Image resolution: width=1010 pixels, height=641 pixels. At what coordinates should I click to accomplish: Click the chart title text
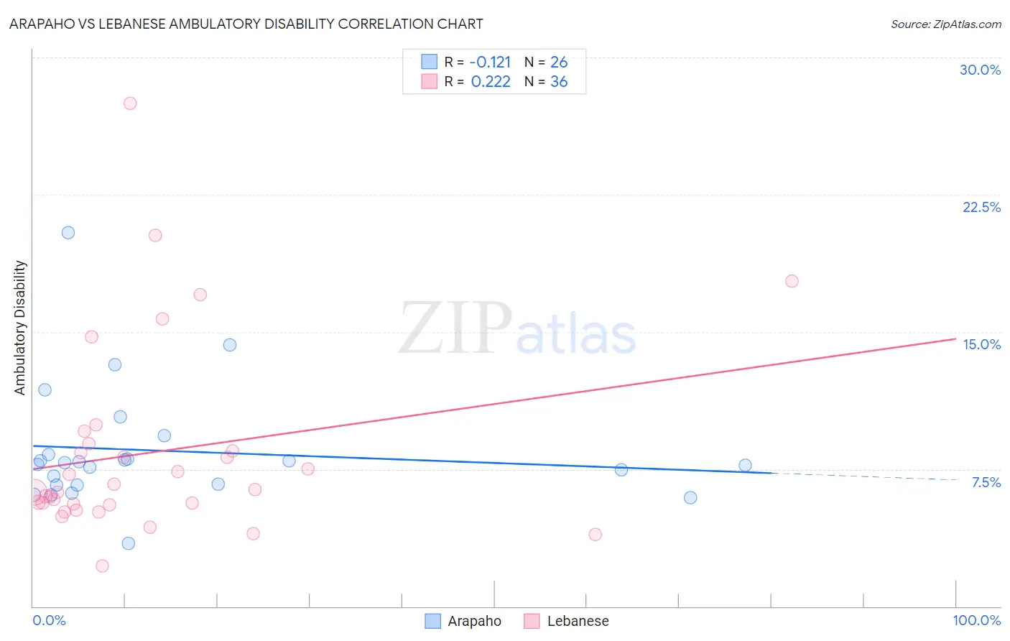click(x=246, y=24)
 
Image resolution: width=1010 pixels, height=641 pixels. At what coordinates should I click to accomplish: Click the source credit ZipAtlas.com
click(x=945, y=24)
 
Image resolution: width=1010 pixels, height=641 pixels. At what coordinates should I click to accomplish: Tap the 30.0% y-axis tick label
click(x=980, y=70)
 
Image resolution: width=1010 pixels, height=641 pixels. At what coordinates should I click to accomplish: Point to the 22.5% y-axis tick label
click(x=981, y=207)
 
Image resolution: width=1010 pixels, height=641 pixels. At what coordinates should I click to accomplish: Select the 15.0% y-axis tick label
click(x=981, y=344)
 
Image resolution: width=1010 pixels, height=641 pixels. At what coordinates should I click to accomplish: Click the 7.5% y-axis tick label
click(x=986, y=482)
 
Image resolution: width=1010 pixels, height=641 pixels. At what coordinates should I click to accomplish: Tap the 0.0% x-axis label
click(x=49, y=620)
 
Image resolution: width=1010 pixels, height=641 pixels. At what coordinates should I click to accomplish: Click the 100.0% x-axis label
click(x=976, y=620)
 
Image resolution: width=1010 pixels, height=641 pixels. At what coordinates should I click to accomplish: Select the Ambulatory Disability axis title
click(x=20, y=328)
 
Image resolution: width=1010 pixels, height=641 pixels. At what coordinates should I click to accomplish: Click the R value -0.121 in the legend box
click(x=491, y=63)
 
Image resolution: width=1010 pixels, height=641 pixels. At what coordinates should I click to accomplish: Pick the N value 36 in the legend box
click(x=559, y=82)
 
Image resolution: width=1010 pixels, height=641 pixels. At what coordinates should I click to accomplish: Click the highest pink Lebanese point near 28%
click(x=130, y=103)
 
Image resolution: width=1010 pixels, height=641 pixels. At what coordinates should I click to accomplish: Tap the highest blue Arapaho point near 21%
click(x=68, y=233)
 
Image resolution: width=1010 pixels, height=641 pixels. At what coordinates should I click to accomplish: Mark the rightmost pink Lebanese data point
click(x=792, y=281)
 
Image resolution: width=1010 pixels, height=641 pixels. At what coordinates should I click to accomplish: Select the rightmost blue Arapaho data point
click(x=745, y=466)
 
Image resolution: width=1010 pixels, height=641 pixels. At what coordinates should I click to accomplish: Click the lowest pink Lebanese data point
click(x=102, y=566)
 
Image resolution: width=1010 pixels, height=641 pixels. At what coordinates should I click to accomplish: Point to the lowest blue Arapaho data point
click(x=129, y=543)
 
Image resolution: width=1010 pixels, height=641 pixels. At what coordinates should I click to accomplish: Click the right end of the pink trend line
click(x=955, y=338)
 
